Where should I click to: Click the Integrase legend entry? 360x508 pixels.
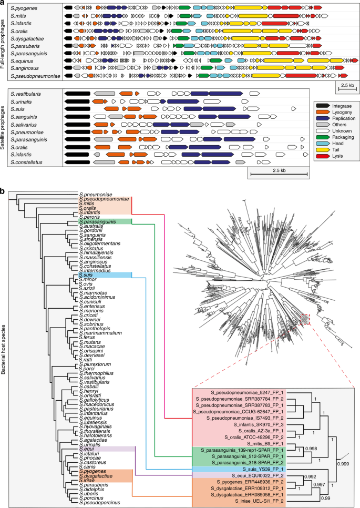335,106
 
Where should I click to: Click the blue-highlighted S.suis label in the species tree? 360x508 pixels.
86,275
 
